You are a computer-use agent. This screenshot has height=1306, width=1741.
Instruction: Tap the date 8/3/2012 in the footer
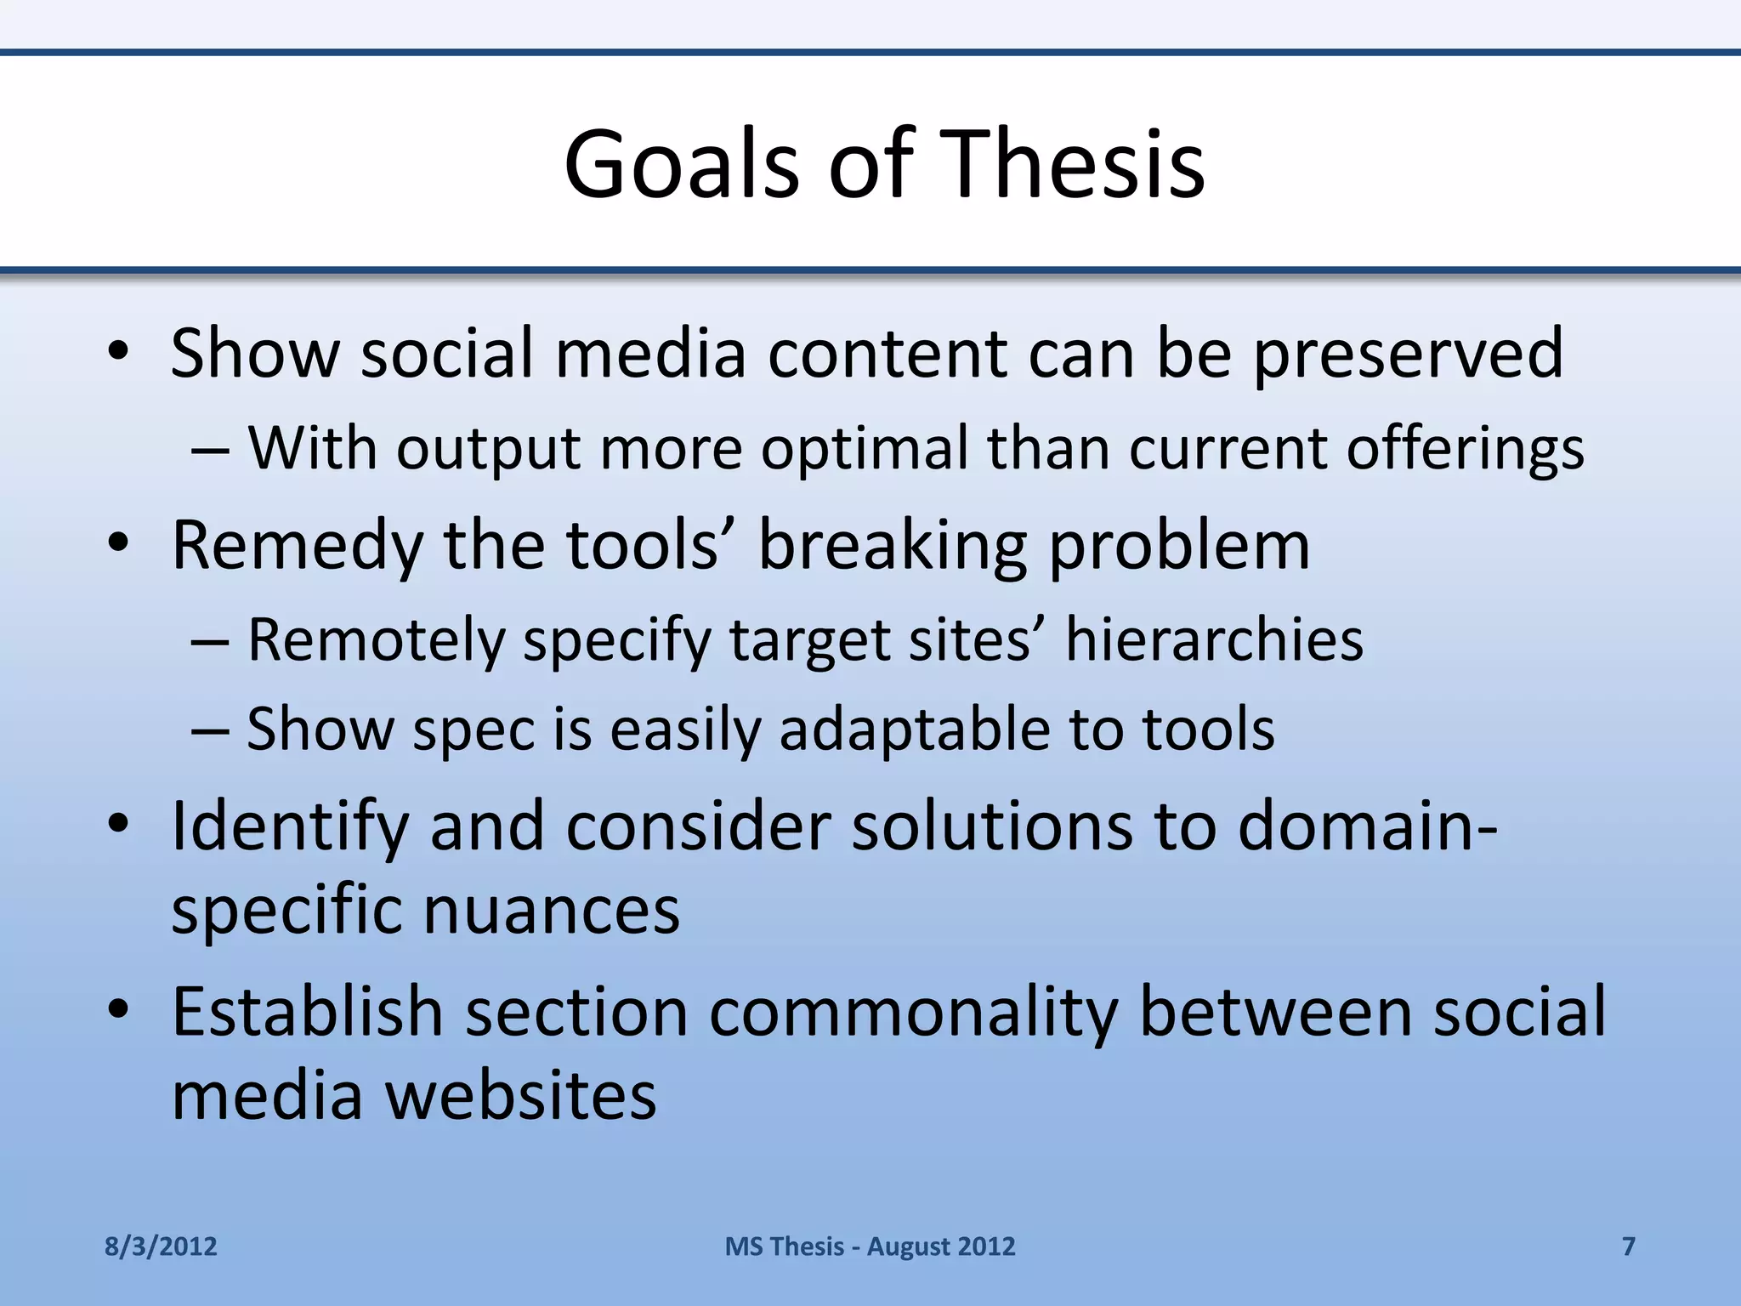pos(161,1246)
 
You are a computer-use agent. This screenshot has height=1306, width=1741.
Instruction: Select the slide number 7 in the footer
pos(1629,1246)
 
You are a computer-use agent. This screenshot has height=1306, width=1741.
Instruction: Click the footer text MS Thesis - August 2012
pos(870,1246)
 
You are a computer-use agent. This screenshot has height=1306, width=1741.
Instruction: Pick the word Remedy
pos(297,546)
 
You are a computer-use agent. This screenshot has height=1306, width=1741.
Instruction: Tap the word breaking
pos(893,546)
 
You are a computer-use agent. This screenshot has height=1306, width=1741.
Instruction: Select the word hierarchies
pos(1214,639)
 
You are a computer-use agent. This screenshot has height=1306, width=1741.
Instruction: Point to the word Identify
pos(290,826)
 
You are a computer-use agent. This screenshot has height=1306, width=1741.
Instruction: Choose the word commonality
pos(913,1012)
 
